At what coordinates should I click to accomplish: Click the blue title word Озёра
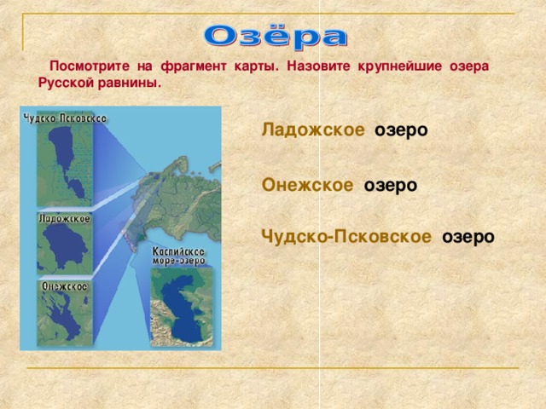coord(276,36)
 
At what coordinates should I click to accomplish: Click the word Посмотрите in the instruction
coord(90,66)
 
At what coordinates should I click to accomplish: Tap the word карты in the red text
coord(257,66)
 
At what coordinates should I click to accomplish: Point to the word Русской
coord(66,84)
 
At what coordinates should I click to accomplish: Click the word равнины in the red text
coord(130,84)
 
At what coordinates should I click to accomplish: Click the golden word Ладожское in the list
coord(313,130)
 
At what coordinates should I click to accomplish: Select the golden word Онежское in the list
coord(307,185)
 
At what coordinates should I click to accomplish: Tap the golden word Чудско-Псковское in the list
coord(346,237)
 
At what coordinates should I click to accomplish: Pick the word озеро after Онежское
coord(391,186)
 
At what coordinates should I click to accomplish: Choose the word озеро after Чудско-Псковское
coord(468,238)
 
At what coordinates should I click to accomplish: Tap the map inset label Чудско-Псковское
coord(65,118)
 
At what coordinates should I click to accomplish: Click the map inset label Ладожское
coord(65,219)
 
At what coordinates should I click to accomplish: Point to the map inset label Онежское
coord(65,286)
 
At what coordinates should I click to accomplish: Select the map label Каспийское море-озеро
coord(178,256)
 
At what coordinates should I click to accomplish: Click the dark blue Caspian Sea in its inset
coord(181,307)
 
